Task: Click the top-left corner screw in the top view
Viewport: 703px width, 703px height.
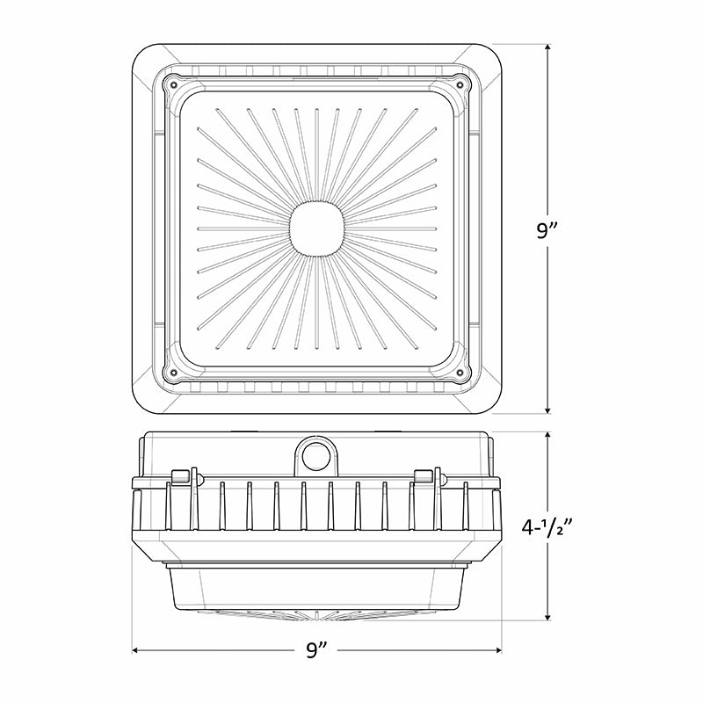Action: coord(173,84)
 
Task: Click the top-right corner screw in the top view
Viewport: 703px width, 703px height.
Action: coord(460,84)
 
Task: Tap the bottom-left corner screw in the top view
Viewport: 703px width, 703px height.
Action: coord(173,372)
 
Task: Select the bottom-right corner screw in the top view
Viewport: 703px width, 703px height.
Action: coord(460,372)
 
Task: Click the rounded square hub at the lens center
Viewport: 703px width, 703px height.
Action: coord(317,228)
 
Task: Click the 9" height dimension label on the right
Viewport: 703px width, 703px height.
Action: coord(547,231)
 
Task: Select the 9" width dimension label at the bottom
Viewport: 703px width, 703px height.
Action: coord(317,650)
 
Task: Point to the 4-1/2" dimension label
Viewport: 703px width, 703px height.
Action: coord(547,527)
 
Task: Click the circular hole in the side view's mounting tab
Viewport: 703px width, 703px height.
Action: coord(315,458)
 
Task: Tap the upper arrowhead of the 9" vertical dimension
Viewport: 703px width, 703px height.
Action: coord(547,48)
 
